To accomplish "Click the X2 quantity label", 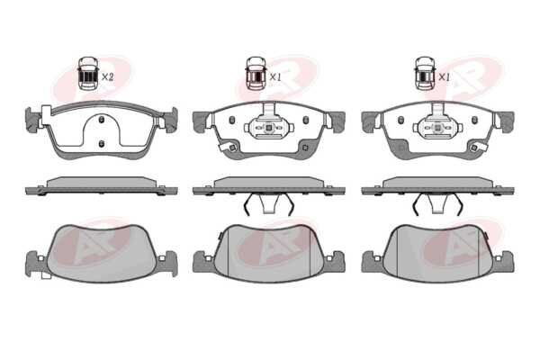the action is coord(107,76).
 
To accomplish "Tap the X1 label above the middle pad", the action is coord(275,77).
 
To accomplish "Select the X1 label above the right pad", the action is coord(444,77).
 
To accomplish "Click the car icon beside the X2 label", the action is coord(88,74).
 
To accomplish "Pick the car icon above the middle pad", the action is coord(256,74).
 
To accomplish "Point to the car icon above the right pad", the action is coord(425,74).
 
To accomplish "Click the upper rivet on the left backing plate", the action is coord(101,120).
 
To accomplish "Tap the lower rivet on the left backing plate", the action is coord(101,144).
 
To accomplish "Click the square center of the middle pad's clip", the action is coord(269,128).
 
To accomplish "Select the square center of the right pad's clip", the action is coord(437,128).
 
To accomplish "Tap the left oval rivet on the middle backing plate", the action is coord(232,120).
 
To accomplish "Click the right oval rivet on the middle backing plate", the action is coord(306,120).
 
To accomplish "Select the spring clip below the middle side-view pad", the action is coord(269,204).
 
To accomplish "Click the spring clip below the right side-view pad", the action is coord(437,204).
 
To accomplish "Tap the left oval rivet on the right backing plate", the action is coord(400,120).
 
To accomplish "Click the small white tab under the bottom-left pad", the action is coord(46,275).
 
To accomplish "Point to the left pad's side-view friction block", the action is coord(102,183).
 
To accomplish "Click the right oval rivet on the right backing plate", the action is coord(474,120).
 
